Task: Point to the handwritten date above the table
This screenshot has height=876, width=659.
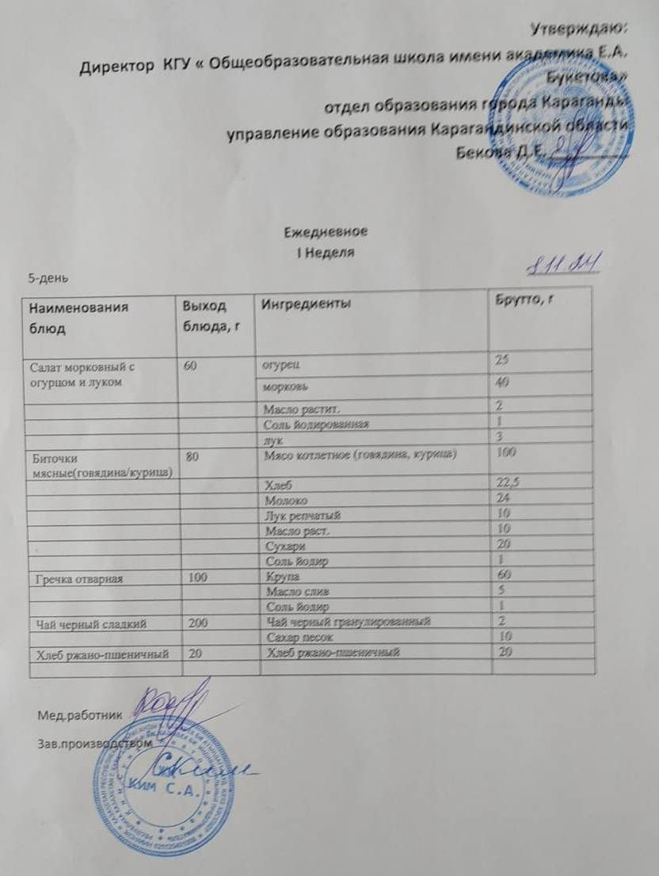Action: pyautogui.click(x=560, y=264)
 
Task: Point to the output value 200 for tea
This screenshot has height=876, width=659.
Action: pyautogui.click(x=198, y=623)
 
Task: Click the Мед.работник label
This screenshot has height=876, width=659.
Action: pyautogui.click(x=80, y=714)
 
